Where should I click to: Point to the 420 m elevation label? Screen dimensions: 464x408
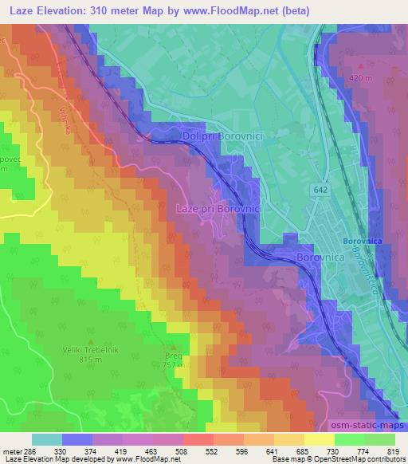click(x=361, y=77)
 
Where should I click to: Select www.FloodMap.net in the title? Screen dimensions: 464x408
click(x=240, y=10)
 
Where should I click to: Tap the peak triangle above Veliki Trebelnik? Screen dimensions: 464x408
click(x=90, y=341)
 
